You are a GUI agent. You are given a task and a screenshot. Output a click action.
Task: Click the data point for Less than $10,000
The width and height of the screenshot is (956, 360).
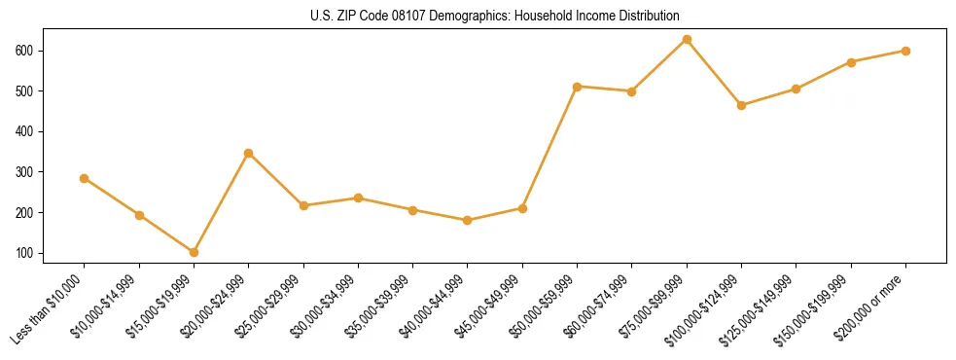click(85, 178)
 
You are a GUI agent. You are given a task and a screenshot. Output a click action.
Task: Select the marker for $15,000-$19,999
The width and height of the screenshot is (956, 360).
click(194, 252)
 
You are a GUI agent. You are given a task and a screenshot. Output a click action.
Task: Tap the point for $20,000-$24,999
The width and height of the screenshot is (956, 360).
click(249, 153)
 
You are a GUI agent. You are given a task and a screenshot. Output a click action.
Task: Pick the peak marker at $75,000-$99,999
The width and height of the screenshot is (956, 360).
click(687, 39)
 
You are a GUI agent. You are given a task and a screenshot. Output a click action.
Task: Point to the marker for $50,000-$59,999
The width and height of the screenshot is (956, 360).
click(578, 87)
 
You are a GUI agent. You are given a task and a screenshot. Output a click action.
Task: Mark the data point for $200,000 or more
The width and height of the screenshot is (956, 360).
click(905, 51)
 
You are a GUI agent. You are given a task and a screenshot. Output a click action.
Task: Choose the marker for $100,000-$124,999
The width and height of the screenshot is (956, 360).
click(742, 105)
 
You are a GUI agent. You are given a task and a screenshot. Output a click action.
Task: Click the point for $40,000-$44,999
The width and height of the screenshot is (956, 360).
click(468, 220)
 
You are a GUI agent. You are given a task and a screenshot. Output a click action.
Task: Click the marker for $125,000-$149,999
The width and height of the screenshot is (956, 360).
click(797, 89)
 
